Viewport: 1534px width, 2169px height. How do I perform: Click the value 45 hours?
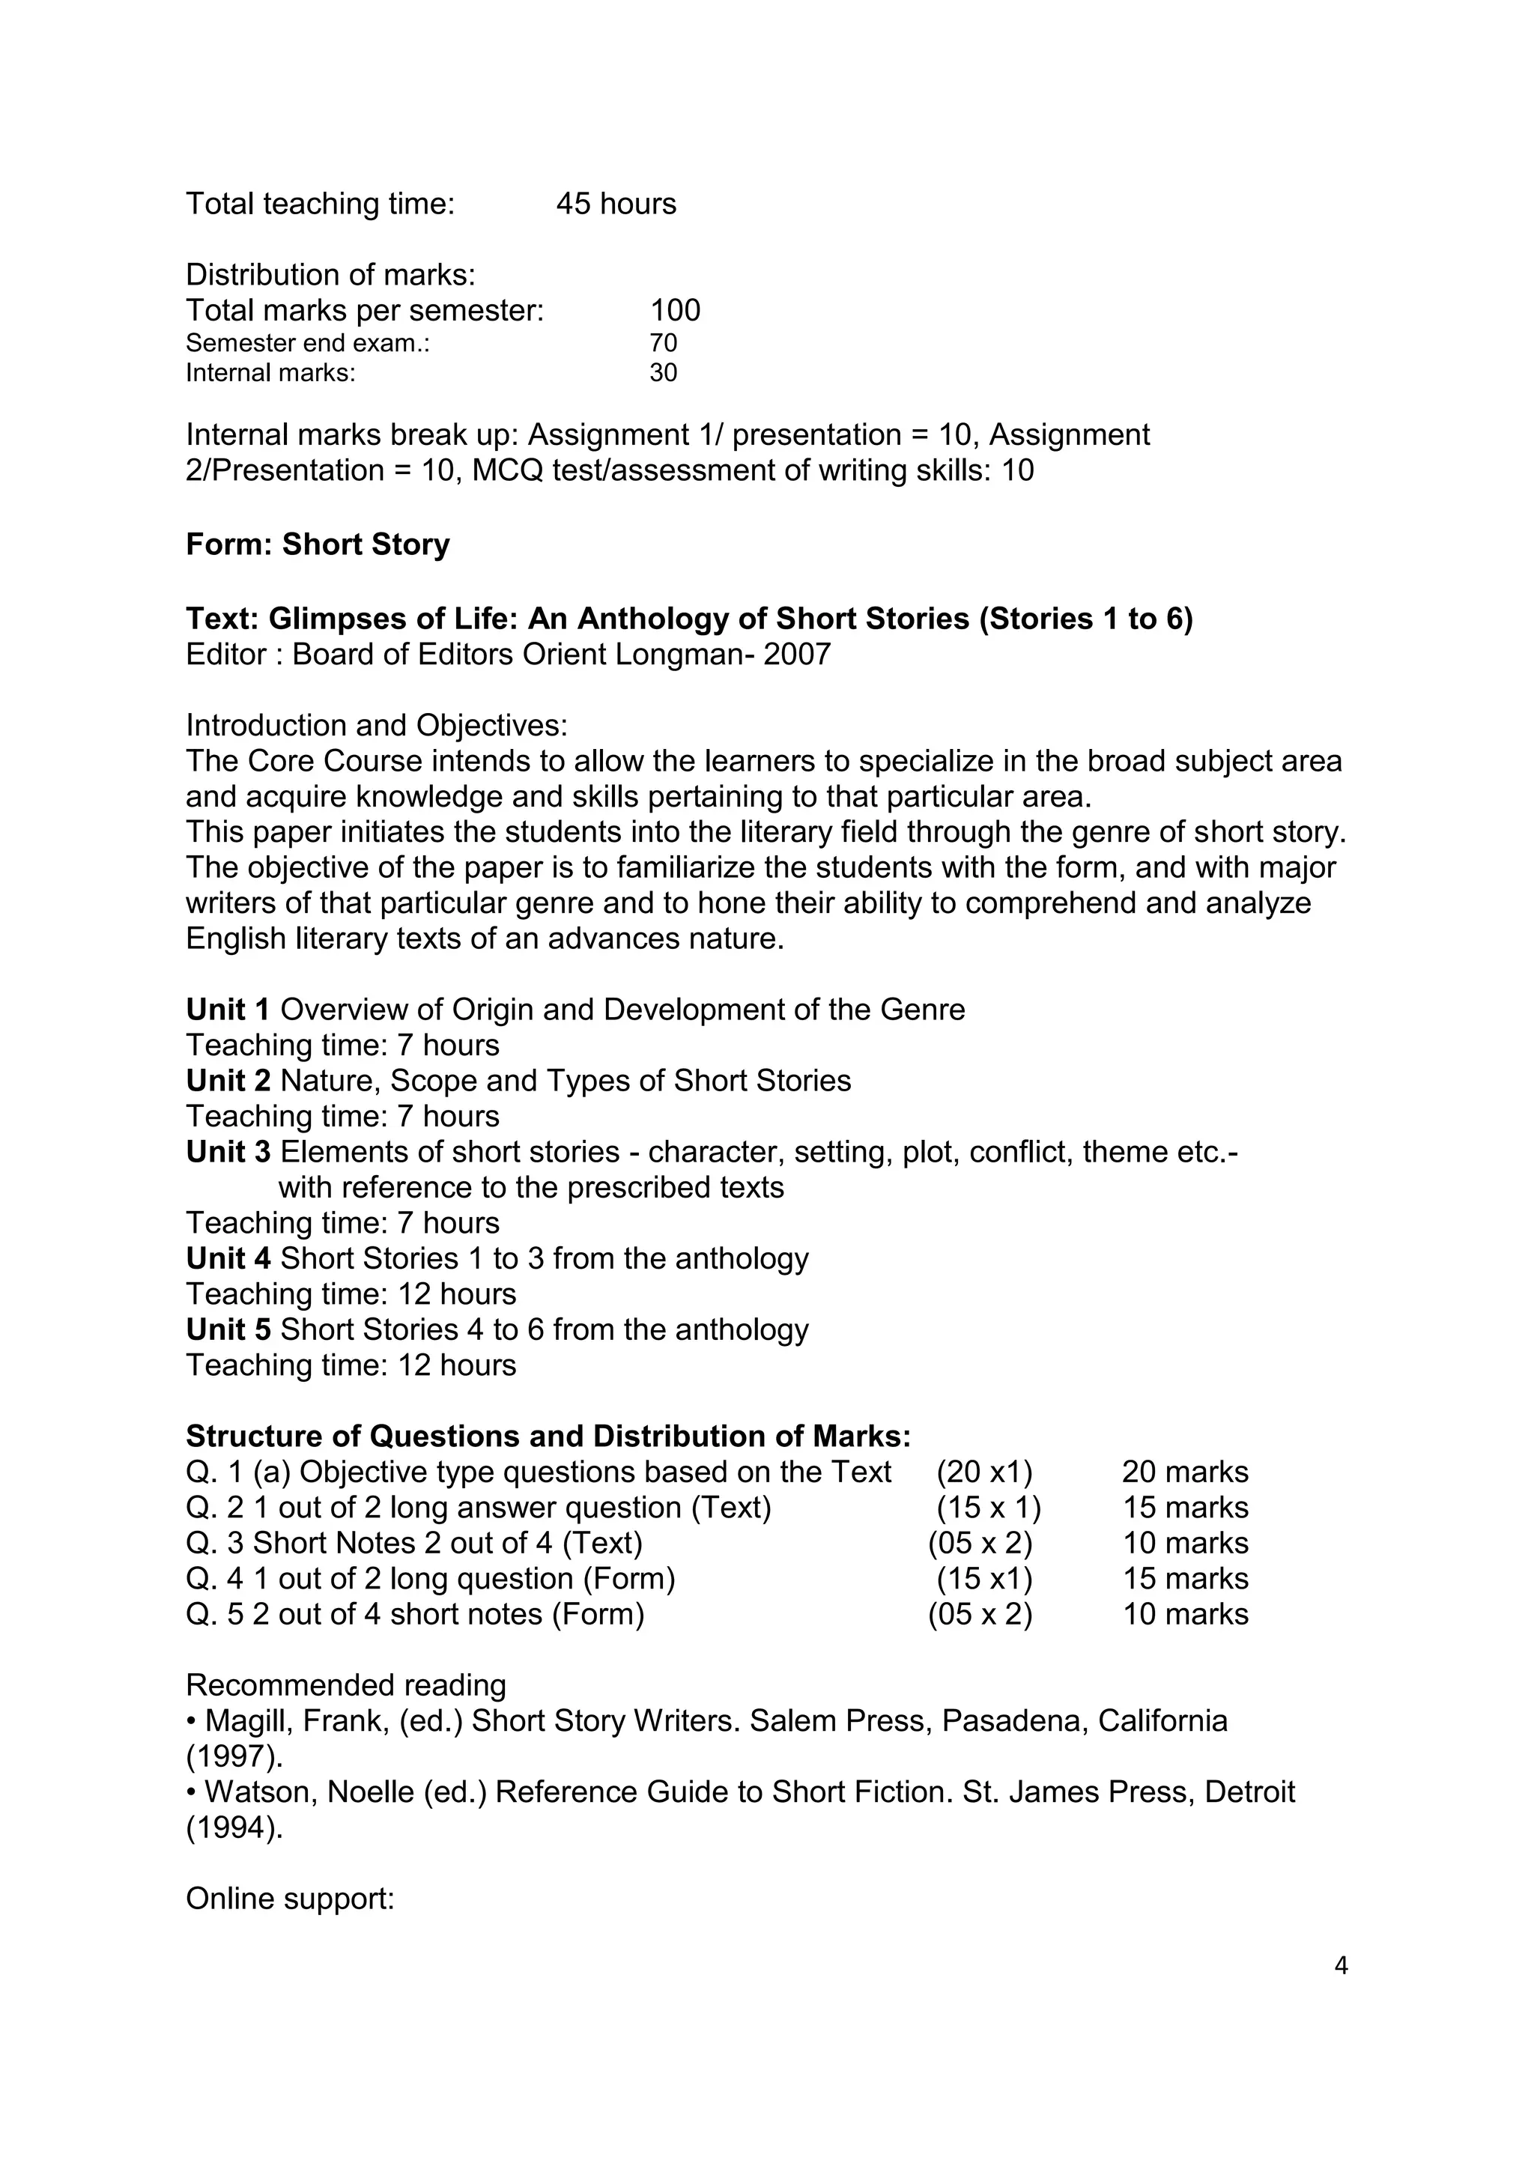click(616, 204)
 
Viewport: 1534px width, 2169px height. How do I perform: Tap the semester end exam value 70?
click(663, 343)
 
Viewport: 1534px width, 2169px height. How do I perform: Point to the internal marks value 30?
click(663, 373)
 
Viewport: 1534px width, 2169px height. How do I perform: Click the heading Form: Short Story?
click(318, 545)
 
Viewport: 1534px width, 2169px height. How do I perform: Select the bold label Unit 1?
click(228, 1010)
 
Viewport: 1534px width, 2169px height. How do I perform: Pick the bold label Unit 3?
click(228, 1153)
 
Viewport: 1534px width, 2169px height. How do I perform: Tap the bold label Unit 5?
click(228, 1330)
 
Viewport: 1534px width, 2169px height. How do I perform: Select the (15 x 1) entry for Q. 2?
click(988, 1508)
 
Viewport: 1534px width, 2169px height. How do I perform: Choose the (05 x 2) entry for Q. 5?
click(980, 1615)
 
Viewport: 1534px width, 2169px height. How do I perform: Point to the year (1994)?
click(234, 1828)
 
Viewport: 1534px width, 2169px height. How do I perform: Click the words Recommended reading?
click(346, 1686)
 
